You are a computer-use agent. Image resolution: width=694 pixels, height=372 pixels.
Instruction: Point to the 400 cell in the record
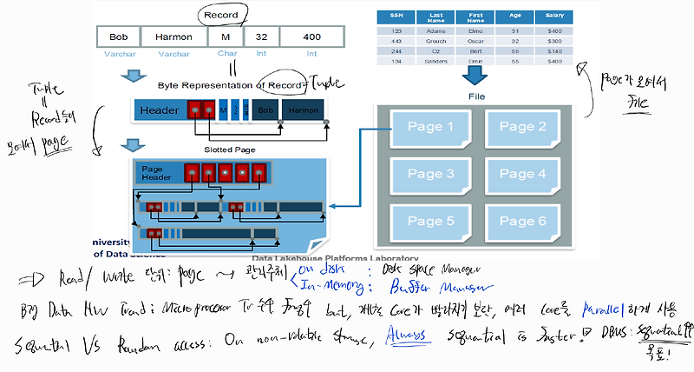pyautogui.click(x=311, y=37)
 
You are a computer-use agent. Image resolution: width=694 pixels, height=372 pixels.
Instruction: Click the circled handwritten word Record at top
pyautogui.click(x=222, y=15)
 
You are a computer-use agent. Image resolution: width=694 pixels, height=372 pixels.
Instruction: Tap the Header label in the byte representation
pyautogui.click(x=160, y=111)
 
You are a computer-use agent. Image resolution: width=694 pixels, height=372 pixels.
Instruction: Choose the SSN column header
pyautogui.click(x=396, y=15)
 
